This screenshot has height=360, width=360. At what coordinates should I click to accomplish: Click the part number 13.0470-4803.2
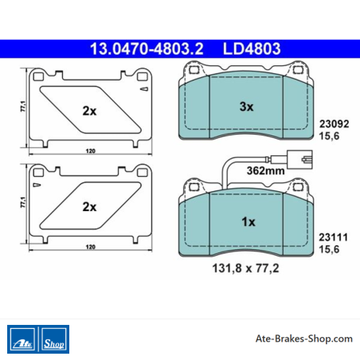(x=147, y=49)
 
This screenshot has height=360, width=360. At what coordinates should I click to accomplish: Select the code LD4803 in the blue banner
(x=252, y=49)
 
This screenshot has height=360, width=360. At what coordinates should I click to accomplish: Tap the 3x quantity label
(x=246, y=107)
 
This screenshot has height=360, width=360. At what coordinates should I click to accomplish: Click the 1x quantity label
(x=248, y=221)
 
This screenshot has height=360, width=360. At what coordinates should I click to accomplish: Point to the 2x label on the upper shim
(x=89, y=111)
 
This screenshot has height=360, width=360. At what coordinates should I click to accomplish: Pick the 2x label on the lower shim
(x=89, y=207)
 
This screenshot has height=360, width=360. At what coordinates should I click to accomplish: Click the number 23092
(x=334, y=124)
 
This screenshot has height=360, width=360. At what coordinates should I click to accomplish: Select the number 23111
(x=334, y=237)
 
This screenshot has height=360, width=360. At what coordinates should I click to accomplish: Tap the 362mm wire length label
(x=265, y=170)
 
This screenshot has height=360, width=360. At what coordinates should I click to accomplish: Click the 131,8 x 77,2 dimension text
(x=245, y=268)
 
